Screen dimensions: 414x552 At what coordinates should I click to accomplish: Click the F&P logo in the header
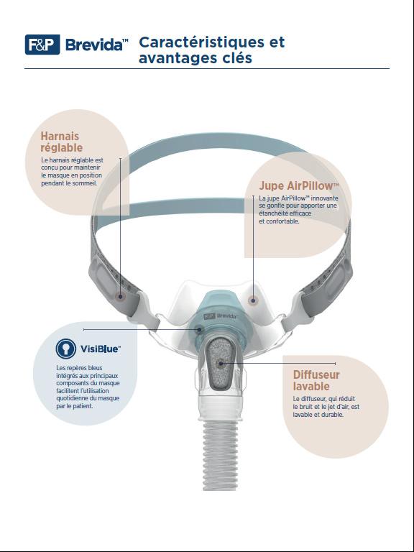coord(42,45)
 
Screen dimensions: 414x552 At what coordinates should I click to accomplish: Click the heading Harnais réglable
coord(62,142)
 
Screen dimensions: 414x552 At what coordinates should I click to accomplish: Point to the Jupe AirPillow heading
coord(298,185)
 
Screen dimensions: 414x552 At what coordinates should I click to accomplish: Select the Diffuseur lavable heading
coord(316,380)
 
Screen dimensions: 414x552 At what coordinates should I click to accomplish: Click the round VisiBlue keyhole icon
coord(66,349)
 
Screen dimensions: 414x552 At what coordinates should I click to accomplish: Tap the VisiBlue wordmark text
coord(101,349)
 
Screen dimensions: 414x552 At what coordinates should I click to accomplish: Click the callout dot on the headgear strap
coord(121,296)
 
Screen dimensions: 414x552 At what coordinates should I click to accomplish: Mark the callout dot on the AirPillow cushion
coord(252,300)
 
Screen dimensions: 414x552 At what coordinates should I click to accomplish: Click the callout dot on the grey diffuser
coord(221,363)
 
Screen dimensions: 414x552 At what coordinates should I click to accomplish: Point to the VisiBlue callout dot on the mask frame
coord(199,329)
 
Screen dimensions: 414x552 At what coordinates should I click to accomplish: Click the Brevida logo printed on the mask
coord(221,316)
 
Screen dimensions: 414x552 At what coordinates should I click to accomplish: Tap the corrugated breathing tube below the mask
coord(221,455)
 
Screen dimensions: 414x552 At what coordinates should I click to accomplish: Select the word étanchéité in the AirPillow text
coord(273,213)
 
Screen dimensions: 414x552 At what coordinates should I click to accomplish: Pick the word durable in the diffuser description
coord(333,414)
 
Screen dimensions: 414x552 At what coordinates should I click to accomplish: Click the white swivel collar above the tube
coord(221,408)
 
